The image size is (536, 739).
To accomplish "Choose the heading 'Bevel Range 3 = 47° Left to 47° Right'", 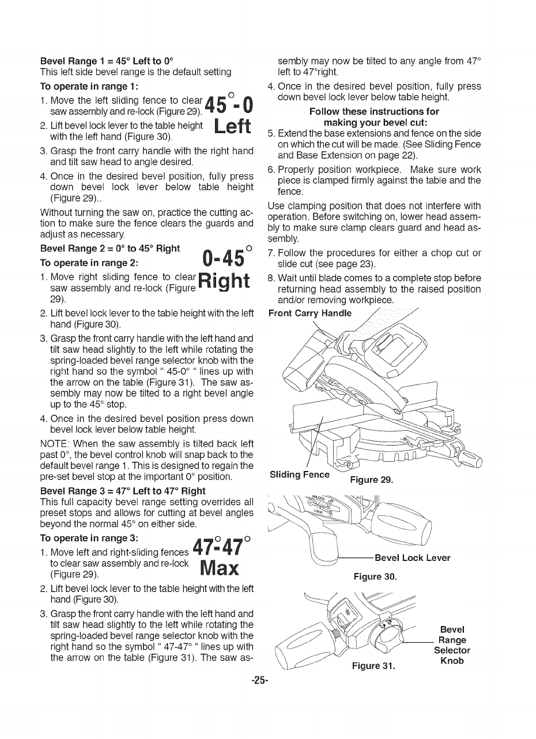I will [123, 491].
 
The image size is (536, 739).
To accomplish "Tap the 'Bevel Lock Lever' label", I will [412, 558].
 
